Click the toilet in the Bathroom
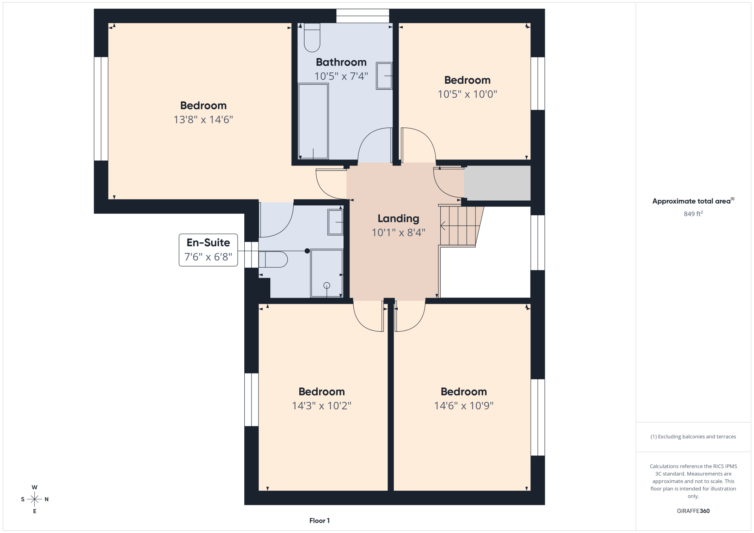click(312, 37)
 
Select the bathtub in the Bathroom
click(313, 121)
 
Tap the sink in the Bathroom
click(384, 76)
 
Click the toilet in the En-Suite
click(273, 259)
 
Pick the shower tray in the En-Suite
click(326, 273)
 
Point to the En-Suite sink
click(335, 222)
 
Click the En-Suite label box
click(208, 250)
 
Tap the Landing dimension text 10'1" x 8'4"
click(398, 233)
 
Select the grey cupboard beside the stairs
click(497, 183)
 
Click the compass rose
click(35, 499)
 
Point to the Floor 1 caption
click(319, 521)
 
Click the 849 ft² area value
click(693, 214)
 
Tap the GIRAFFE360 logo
click(693, 511)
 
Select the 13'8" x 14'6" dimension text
click(203, 119)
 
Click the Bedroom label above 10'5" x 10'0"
click(467, 80)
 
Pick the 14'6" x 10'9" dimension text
click(464, 406)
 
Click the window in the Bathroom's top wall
click(363, 16)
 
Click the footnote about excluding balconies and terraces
click(693, 437)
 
